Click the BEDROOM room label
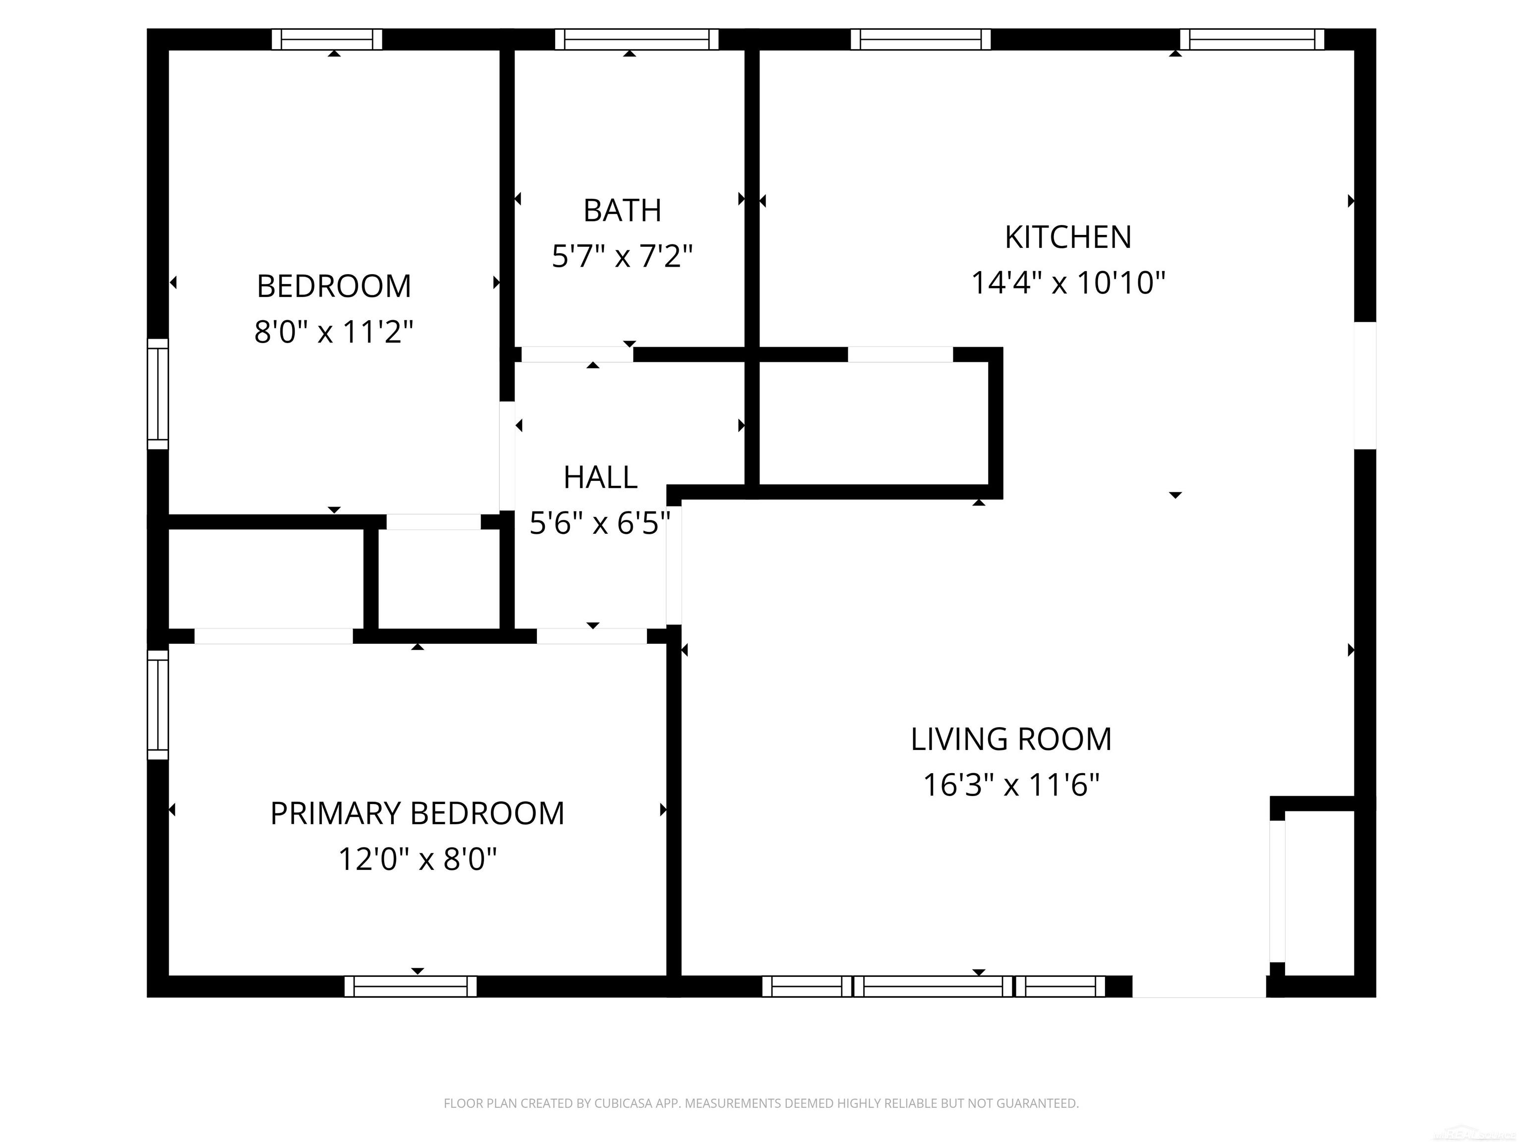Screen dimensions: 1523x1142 [334, 286]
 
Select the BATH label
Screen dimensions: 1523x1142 [622, 211]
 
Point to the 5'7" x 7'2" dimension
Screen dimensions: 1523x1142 [622, 256]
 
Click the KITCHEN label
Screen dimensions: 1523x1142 [1068, 237]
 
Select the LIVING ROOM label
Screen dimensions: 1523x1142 [1011, 740]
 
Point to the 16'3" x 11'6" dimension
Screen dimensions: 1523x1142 [1011, 785]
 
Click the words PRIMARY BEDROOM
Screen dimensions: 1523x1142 [417, 814]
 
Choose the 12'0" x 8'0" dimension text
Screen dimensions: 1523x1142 [417, 859]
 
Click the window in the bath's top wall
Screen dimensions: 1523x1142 [637, 39]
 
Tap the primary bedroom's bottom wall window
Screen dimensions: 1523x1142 [410, 986]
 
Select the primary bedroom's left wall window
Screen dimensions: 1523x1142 [158, 705]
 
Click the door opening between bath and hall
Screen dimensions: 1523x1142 [577, 354]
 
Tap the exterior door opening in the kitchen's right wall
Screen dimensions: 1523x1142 [1365, 386]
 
